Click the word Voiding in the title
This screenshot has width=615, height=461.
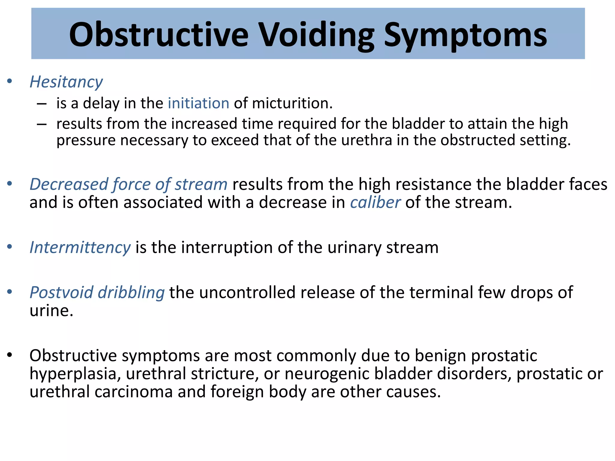pyautogui.click(x=317, y=35)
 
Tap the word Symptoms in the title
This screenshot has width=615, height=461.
pyautogui.click(x=465, y=35)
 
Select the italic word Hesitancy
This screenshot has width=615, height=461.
pyautogui.click(x=66, y=82)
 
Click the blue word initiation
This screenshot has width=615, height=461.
pyautogui.click(x=198, y=103)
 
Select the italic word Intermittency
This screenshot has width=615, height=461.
pyautogui.click(x=80, y=248)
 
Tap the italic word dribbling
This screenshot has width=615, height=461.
pyautogui.click(x=131, y=293)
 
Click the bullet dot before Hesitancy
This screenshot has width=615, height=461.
pyautogui.click(x=10, y=81)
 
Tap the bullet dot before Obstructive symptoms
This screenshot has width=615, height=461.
pyautogui.click(x=10, y=355)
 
